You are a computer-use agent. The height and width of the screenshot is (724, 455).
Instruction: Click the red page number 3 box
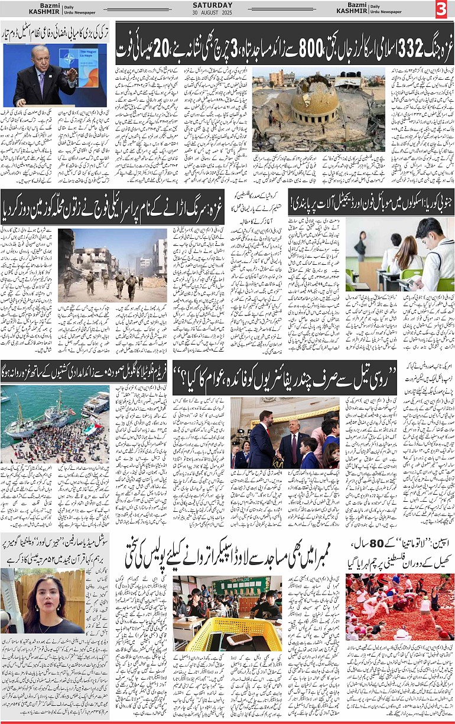coord(443,9)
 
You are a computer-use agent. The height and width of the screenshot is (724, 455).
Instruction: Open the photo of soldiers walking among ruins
coord(112,266)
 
